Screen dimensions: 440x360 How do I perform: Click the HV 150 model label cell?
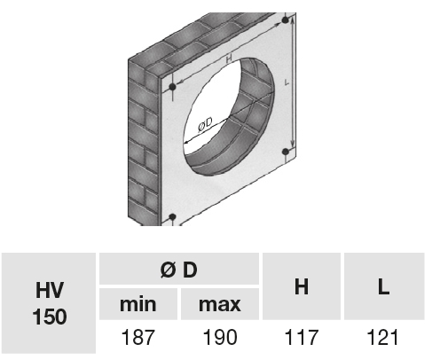click(x=49, y=303)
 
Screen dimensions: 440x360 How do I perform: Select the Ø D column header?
click(x=179, y=269)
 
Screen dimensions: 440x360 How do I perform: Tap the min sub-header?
click(x=138, y=304)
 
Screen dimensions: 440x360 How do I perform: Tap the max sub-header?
click(x=220, y=304)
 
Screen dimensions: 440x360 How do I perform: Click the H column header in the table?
click(x=302, y=286)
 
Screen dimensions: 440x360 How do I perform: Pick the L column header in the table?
click(x=384, y=286)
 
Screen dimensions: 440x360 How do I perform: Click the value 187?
click(x=138, y=337)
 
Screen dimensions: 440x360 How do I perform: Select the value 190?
click(x=220, y=337)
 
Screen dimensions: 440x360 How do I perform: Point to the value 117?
click(x=302, y=337)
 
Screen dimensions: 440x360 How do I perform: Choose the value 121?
click(x=382, y=337)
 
